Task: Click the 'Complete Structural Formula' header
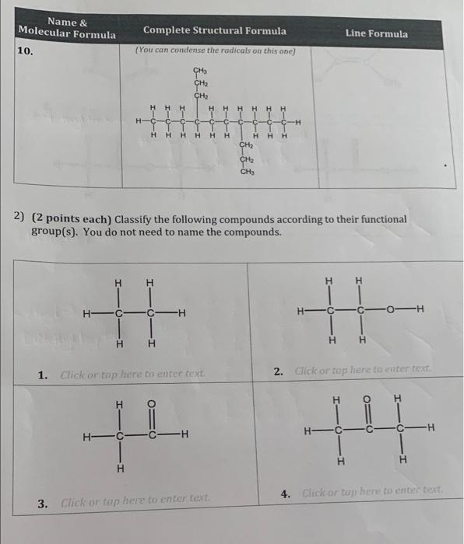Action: pyautogui.click(x=214, y=31)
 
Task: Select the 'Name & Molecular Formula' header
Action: pyautogui.click(x=67, y=29)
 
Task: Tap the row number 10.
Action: pyautogui.click(x=25, y=51)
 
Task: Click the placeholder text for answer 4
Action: pyautogui.click(x=372, y=491)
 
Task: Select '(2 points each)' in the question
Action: pyautogui.click(x=64, y=220)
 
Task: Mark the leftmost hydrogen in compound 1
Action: pyautogui.click(x=88, y=314)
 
